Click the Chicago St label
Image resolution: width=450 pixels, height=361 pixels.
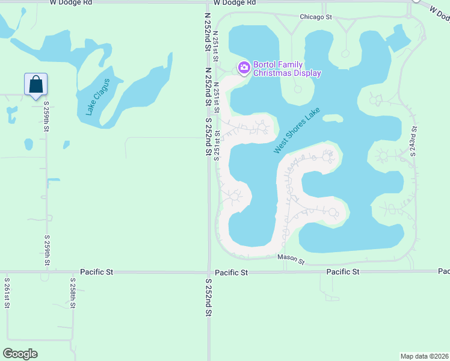[316, 17]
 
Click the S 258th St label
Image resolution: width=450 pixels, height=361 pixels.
[72, 293]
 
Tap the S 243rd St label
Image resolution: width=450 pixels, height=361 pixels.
[414, 141]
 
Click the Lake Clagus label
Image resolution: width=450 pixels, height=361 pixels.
[98, 97]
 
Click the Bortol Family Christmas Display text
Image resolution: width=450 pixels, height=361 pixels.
[287, 69]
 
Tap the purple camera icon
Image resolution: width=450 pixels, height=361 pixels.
[244, 67]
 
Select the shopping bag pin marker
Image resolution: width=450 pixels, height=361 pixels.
[35, 85]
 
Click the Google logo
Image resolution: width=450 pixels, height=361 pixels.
[20, 354]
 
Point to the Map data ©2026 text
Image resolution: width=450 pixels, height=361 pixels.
[425, 356]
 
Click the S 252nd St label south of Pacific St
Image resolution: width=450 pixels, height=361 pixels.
[209, 298]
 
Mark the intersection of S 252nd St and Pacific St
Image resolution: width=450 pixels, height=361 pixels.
[209, 272]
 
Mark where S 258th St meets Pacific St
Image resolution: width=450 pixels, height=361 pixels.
[72, 272]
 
